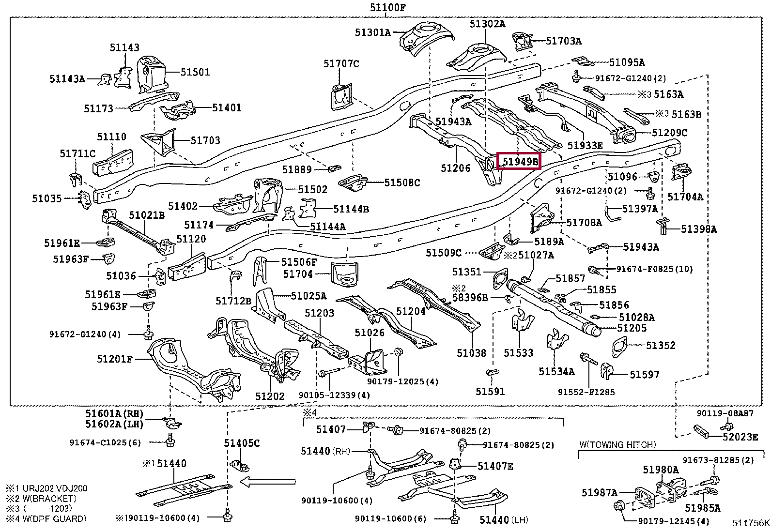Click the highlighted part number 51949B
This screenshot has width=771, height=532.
point(520,161)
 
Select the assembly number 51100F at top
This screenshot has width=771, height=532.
point(388,7)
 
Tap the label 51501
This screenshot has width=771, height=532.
point(195,72)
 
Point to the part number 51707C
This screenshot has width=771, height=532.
point(341,64)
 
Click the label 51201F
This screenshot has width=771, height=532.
point(115,359)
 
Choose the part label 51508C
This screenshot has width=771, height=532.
point(402,182)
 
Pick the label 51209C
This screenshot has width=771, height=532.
point(669,133)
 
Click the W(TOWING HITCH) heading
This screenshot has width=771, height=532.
point(617,444)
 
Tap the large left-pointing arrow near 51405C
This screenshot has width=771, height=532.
point(267,482)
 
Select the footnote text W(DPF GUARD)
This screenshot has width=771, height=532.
point(54,518)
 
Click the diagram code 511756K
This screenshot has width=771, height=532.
point(751,523)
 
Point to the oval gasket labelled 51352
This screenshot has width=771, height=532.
point(619,347)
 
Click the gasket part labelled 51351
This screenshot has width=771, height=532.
point(500,279)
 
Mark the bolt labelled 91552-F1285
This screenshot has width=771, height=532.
point(589,360)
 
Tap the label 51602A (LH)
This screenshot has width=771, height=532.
point(114,424)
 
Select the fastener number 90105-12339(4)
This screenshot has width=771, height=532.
point(334,395)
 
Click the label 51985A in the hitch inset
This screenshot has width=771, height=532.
point(703,508)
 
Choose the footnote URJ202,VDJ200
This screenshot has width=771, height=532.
point(55,488)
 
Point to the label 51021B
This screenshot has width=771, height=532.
point(147,215)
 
